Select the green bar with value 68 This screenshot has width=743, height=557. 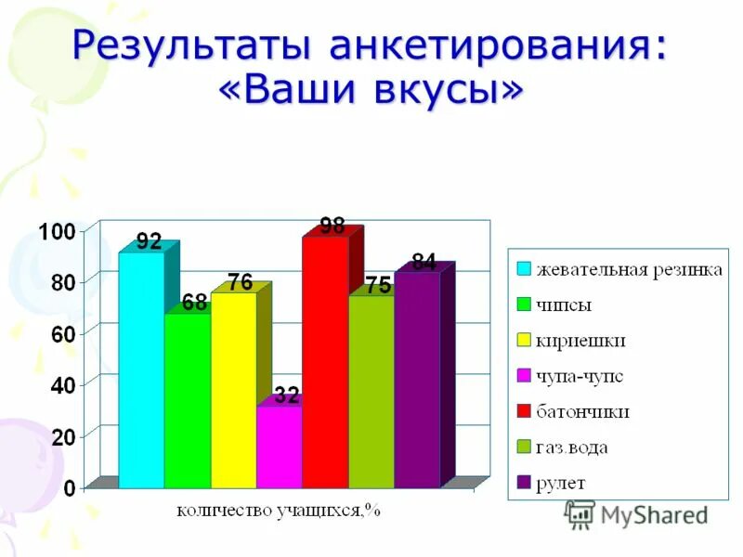click(188, 399)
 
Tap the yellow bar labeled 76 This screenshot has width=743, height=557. click(233, 390)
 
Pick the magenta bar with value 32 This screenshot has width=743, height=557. click(279, 446)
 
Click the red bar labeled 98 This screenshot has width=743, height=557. click(325, 362)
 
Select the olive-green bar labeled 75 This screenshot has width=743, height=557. click(371, 390)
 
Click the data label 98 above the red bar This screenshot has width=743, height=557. click(332, 226)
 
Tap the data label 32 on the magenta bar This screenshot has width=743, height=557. click(286, 396)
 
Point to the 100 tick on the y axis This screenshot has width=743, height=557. click(54, 230)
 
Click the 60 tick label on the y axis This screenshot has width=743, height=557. click(61, 333)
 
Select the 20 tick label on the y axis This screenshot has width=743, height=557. click(61, 436)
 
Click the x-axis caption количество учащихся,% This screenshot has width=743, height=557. click(279, 509)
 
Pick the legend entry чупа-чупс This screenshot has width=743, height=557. click(579, 376)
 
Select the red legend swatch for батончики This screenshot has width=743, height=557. click(524, 411)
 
